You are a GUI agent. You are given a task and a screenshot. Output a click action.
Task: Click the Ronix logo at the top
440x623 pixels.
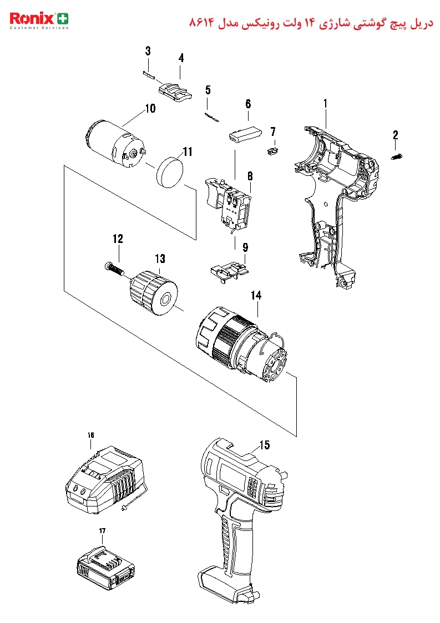[x=39, y=21]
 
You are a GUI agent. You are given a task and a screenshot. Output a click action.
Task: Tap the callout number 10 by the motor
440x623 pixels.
[x=150, y=109]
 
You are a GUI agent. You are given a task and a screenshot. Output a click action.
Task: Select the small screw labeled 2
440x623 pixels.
[x=397, y=156]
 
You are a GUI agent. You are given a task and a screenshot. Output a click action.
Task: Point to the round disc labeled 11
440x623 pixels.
[x=170, y=171]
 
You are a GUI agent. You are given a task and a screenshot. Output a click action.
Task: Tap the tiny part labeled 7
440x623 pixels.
[x=272, y=151]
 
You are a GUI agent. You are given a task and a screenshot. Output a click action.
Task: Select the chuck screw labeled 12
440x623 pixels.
[x=114, y=269]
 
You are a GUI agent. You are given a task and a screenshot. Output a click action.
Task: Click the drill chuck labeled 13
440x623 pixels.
[x=154, y=292]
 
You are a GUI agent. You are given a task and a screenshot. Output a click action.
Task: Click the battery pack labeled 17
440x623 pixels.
[x=105, y=568]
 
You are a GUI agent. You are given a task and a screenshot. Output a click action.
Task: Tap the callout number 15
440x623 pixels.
[x=264, y=445]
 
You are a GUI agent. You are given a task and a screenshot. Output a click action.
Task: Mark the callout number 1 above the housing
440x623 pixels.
[x=325, y=104]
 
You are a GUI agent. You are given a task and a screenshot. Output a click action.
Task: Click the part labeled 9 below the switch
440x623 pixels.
[x=229, y=270]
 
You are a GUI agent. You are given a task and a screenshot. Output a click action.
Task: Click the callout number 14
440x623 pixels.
[x=256, y=296]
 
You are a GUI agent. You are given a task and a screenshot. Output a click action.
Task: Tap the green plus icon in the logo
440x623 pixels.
[x=63, y=19]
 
